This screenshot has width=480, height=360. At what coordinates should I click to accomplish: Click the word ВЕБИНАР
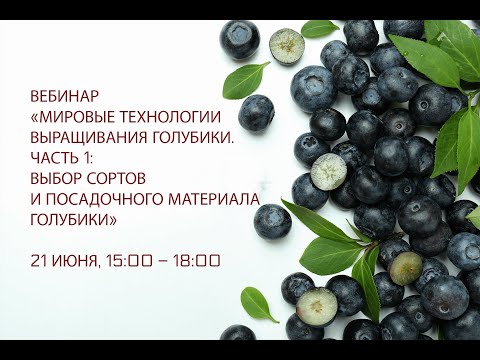[66, 96]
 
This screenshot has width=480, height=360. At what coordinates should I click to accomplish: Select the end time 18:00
[197, 261]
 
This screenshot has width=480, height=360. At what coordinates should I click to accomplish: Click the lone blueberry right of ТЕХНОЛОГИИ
[256, 112]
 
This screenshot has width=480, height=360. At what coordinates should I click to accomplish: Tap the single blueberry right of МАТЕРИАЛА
[272, 220]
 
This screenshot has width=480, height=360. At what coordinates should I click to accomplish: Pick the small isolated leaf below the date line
[257, 303]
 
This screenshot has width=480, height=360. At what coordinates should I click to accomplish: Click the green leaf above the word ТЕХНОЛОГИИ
[245, 78]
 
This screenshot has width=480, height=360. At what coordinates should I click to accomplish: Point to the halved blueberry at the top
[287, 44]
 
